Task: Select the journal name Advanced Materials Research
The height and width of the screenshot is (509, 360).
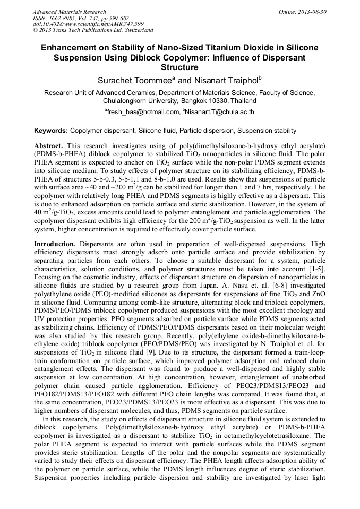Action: coord(69,12)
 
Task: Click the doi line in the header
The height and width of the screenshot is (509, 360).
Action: coord(88,24)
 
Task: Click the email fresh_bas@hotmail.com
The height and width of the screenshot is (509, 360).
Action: coord(143,112)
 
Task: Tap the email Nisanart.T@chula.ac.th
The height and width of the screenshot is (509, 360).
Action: coord(219,112)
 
